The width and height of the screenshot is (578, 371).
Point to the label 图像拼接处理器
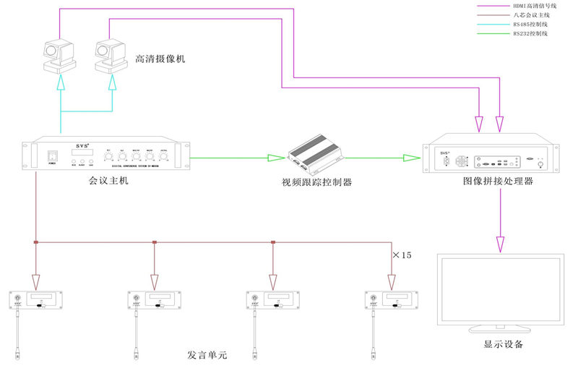498,181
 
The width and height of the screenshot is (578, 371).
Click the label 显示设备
504,344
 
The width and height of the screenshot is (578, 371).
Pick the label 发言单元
207,356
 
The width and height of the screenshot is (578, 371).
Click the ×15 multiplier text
401,255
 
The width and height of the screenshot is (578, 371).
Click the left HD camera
59,56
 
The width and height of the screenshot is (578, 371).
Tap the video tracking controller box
314,154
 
